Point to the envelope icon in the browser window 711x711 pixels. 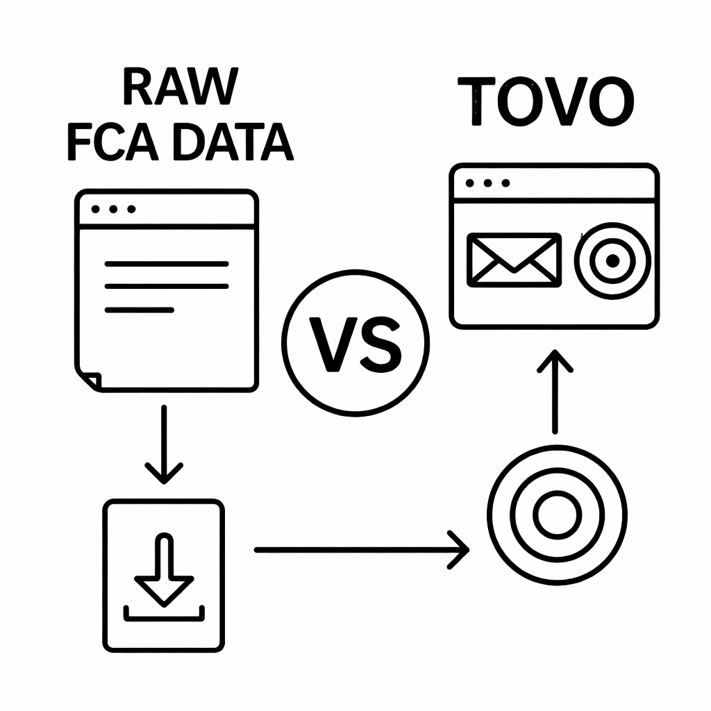514,260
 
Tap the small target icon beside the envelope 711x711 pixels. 612,260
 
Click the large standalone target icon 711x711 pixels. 557,515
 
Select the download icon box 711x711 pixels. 164,576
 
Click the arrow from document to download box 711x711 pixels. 164,444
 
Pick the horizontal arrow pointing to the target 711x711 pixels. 361,550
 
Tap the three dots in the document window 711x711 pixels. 113,209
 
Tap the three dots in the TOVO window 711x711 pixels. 488,183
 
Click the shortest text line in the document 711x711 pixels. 138,309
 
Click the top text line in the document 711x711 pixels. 165,264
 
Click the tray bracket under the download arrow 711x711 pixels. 164,614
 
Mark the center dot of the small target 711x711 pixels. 612,261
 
